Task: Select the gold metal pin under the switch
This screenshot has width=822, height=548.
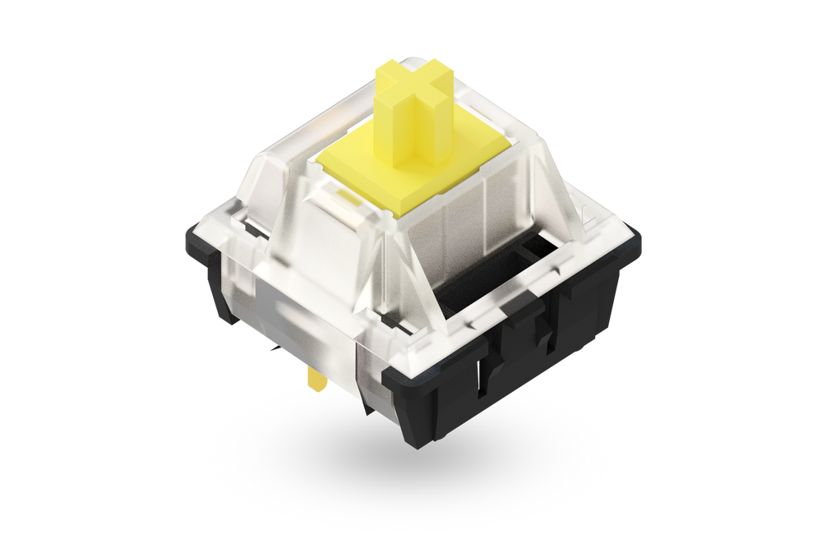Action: tap(315, 379)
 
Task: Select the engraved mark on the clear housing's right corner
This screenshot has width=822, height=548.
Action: tap(588, 218)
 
